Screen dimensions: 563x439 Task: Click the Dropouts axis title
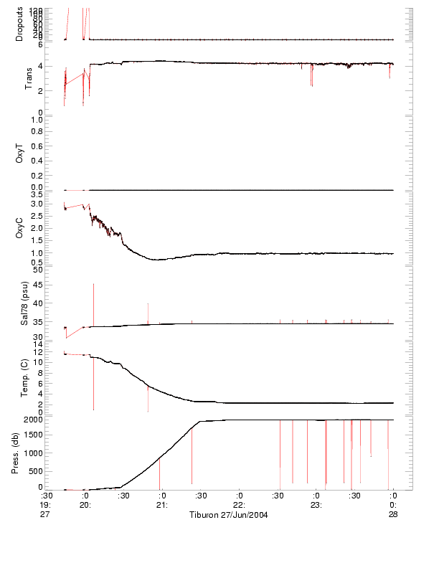coord(19,24)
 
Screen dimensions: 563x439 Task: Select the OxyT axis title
coord(19,152)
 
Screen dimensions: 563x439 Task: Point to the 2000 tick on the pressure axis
coord(34,420)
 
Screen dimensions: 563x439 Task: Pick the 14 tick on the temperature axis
coord(39,344)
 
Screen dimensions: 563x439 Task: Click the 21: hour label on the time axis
coord(162,505)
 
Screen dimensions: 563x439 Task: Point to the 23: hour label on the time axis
coord(316,505)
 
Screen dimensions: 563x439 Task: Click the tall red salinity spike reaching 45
coord(93,287)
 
